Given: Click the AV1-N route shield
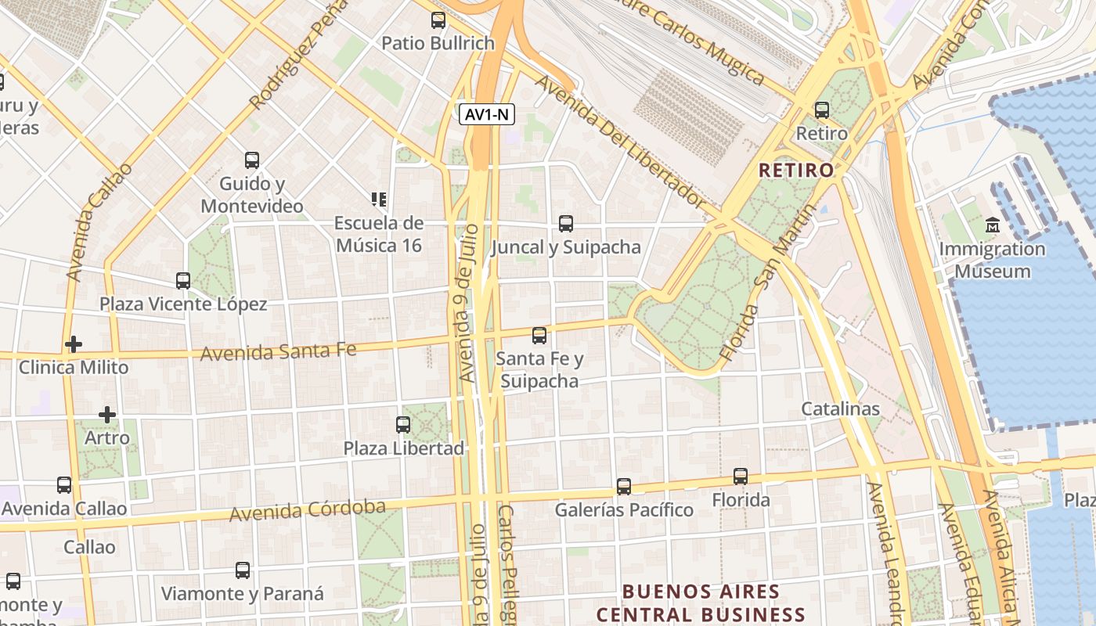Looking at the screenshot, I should (x=486, y=115).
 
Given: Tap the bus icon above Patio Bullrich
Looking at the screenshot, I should (x=438, y=20).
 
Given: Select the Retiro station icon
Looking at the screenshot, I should (x=822, y=110).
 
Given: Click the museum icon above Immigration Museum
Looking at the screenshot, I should (x=993, y=225).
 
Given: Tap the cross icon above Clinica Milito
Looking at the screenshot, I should (x=74, y=344).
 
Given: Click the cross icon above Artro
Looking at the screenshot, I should (x=107, y=414).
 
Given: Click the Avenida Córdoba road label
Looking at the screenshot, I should (x=308, y=510).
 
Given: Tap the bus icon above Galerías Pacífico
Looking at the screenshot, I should (x=624, y=487).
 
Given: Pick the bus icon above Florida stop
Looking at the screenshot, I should (x=741, y=476).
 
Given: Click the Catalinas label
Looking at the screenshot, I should (x=840, y=408).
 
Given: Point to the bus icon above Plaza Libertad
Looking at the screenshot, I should (x=403, y=425).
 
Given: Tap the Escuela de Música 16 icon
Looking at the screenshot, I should (x=380, y=200).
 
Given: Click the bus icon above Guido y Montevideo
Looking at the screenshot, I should (x=252, y=160).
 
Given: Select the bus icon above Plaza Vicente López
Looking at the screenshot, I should (x=183, y=280).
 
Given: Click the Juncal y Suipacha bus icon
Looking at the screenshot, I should (x=566, y=224).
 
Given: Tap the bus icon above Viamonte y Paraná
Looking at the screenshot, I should (x=243, y=570).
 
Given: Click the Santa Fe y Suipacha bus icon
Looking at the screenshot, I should (x=539, y=336).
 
